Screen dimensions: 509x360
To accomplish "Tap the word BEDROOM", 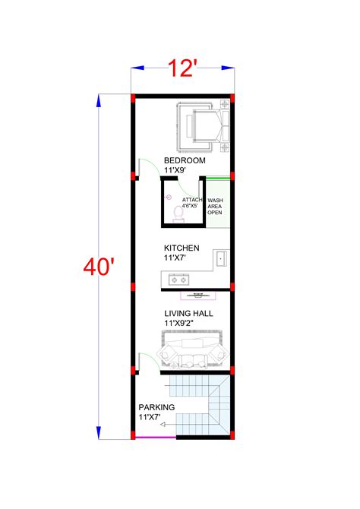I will click(x=185, y=161).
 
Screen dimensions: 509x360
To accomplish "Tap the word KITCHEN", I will click(x=182, y=248).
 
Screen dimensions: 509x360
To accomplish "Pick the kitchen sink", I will click(x=220, y=259).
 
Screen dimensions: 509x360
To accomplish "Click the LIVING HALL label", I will click(x=188, y=313).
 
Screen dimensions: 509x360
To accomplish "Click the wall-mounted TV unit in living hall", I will click(x=198, y=294).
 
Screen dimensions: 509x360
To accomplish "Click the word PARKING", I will click(x=156, y=407).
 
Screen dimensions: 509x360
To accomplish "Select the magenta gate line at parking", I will click(x=155, y=438).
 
